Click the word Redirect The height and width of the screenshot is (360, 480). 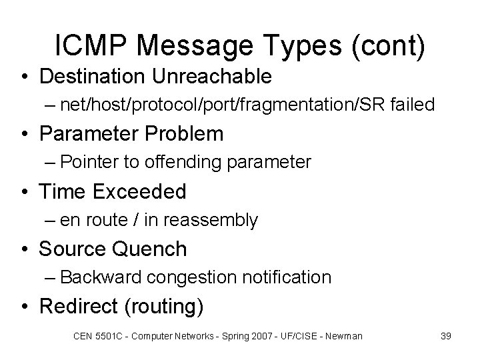pyautogui.click(x=79, y=307)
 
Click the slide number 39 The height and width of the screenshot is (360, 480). pyautogui.click(x=445, y=336)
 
